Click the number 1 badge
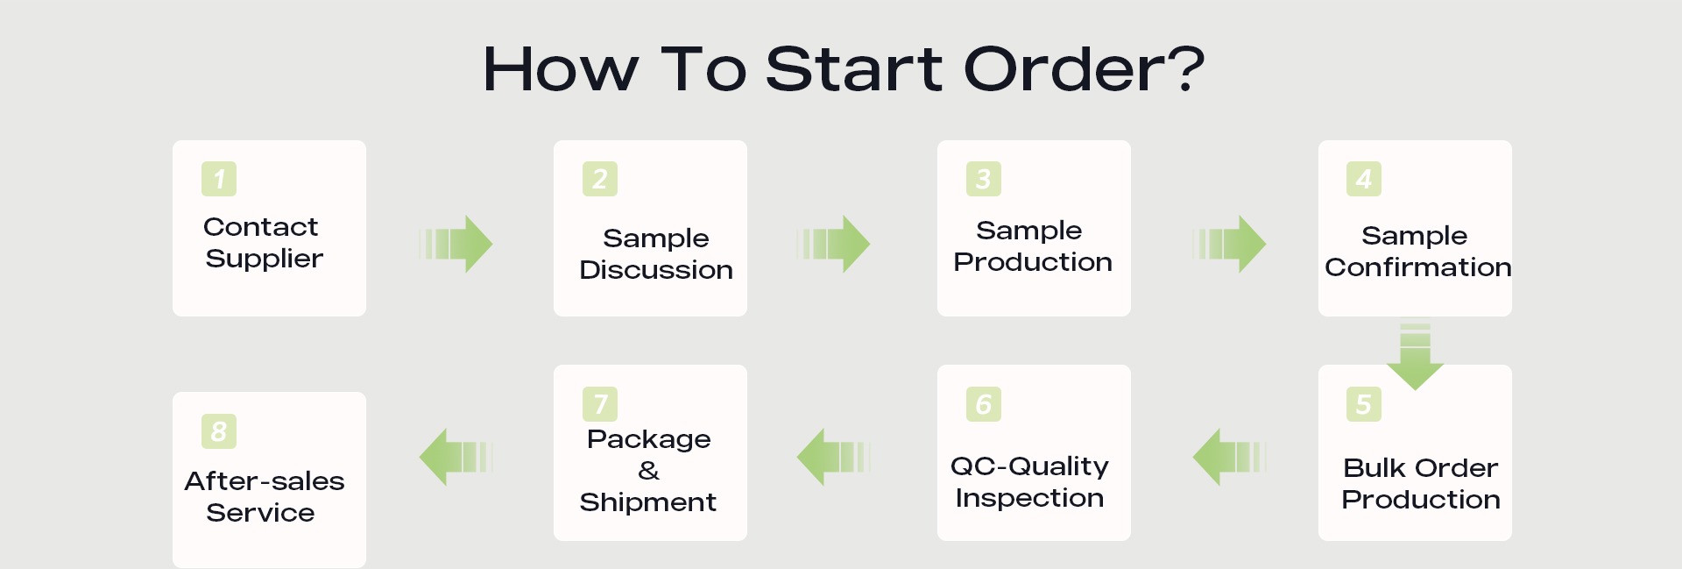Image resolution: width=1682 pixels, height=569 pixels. (x=219, y=179)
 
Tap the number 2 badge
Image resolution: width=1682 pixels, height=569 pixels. (x=600, y=179)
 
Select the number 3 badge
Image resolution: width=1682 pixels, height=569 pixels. (x=984, y=179)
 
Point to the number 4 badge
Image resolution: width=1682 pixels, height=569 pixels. (x=1364, y=179)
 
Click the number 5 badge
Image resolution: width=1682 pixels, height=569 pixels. (x=1364, y=404)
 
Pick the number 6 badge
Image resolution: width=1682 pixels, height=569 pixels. (x=984, y=404)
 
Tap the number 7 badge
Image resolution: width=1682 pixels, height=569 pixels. (x=600, y=404)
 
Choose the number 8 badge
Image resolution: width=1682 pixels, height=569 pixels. (x=219, y=431)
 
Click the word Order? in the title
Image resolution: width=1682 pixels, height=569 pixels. (x=1085, y=68)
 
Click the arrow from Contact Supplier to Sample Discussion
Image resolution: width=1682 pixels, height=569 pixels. (x=456, y=244)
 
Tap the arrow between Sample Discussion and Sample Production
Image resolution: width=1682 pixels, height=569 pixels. (x=833, y=244)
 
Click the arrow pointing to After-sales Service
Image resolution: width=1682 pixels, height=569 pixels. (x=456, y=457)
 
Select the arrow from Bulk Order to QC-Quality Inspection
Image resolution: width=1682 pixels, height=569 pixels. (x=1230, y=457)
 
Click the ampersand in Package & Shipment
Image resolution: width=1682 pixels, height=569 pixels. (x=649, y=471)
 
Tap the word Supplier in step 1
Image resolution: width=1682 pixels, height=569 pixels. (x=265, y=259)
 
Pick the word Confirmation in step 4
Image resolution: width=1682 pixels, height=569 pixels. (x=1418, y=267)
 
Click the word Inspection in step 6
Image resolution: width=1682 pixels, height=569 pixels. (x=1029, y=498)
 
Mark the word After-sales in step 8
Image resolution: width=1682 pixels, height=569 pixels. (x=265, y=480)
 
